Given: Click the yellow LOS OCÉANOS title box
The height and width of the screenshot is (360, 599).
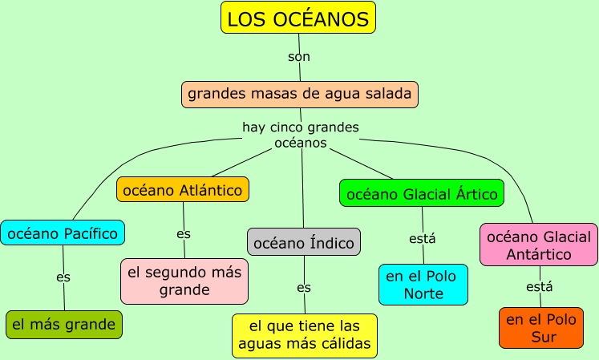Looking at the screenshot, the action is click(298, 18).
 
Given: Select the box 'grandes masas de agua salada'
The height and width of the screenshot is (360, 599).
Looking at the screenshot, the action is click(300, 95).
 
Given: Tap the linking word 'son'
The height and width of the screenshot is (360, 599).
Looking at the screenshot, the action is click(299, 57).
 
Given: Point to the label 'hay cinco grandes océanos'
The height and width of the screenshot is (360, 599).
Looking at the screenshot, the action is click(301, 135).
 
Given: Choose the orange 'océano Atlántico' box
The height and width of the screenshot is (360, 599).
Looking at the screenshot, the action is click(183, 190).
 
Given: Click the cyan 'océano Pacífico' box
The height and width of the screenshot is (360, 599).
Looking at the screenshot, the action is click(63, 233).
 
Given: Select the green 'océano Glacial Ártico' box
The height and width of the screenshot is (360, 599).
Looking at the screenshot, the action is click(422, 193).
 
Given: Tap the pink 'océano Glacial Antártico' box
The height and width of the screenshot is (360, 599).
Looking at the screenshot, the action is click(539, 245).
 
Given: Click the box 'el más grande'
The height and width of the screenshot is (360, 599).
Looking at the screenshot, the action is click(64, 325).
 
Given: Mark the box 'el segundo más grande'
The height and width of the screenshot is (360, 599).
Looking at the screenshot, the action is click(184, 281).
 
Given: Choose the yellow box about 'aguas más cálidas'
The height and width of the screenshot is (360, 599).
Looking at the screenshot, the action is click(304, 335).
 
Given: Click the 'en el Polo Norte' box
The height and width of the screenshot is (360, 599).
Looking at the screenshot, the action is click(423, 285).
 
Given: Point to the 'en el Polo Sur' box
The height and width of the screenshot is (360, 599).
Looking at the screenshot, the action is click(540, 327).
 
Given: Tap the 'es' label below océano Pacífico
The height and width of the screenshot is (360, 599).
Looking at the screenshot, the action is click(63, 277).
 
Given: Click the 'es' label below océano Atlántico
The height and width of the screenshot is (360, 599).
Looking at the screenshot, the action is click(184, 234).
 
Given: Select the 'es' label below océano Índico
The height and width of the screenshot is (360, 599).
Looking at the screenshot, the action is click(304, 287).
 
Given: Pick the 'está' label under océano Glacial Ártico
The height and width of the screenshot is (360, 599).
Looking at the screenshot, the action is click(423, 238).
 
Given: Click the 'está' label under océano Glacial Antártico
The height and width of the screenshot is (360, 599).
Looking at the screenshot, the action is click(540, 286).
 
